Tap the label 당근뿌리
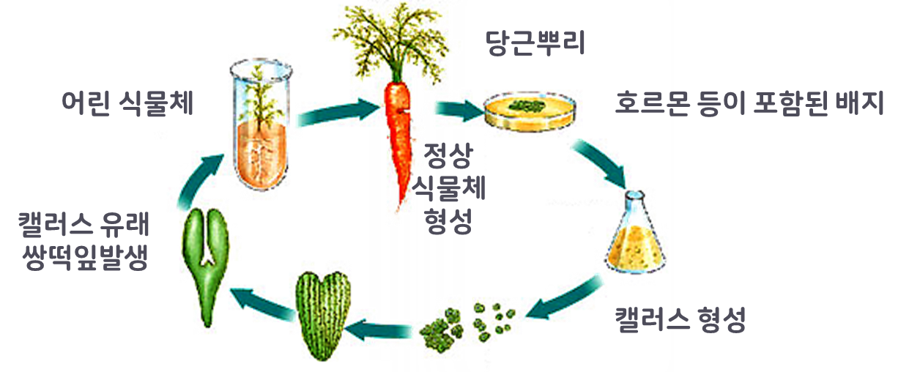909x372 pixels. [x=535, y=45]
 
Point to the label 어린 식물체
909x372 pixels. [x=127, y=103]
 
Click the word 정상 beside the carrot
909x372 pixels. [x=448, y=155]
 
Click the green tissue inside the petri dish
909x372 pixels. [x=528, y=105]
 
